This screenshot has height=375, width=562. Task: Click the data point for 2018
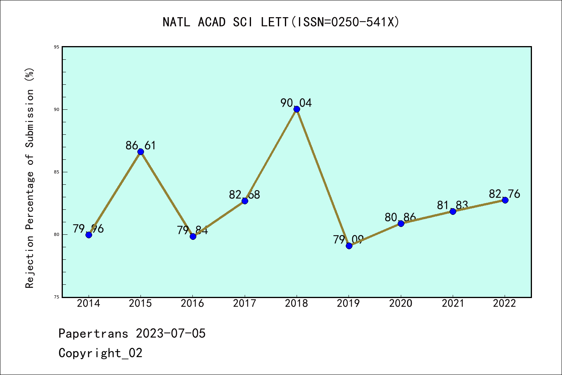pyautogui.click(x=297, y=109)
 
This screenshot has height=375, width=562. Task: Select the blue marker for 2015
pyautogui.click(x=140, y=152)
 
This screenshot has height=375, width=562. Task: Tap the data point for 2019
pyautogui.click(x=349, y=246)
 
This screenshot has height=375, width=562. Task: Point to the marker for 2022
pyautogui.click(x=505, y=200)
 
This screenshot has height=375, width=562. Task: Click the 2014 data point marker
pyautogui.click(x=89, y=235)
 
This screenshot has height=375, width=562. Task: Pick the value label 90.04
pyautogui.click(x=296, y=103)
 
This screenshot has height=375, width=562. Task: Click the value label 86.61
pyautogui.click(x=140, y=145)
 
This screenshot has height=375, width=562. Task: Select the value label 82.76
pyautogui.click(x=504, y=194)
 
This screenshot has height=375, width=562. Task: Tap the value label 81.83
pyautogui.click(x=452, y=205)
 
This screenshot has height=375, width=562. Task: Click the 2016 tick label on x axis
pyautogui.click(x=192, y=304)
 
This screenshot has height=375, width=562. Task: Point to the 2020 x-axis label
pyautogui.click(x=401, y=304)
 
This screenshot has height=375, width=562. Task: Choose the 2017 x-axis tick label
pyautogui.click(x=245, y=304)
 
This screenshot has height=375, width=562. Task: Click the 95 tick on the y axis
pyautogui.click(x=57, y=47)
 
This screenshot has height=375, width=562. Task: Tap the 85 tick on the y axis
pyautogui.click(x=57, y=172)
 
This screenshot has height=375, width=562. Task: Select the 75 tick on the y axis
pyautogui.click(x=57, y=297)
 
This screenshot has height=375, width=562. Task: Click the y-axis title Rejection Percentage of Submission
pyautogui.click(x=30, y=178)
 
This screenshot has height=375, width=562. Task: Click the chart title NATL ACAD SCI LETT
pyautogui.click(x=281, y=22)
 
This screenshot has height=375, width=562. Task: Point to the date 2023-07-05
pyautogui.click(x=171, y=334)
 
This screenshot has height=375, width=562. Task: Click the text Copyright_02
pyautogui.click(x=101, y=353)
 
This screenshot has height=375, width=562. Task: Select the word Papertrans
pyautogui.click(x=93, y=334)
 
